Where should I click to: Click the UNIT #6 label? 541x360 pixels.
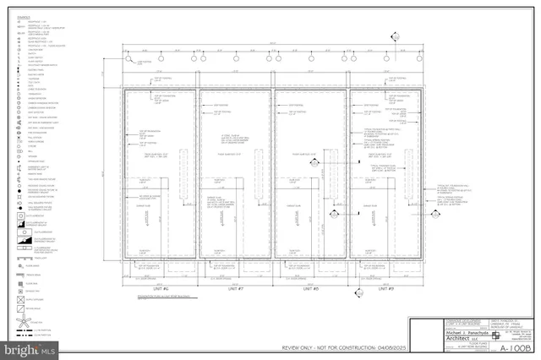(160, 288)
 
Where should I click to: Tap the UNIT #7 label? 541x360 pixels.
(236, 288)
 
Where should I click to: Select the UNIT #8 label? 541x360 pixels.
(310, 288)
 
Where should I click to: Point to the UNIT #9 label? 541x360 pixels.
(386, 288)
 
